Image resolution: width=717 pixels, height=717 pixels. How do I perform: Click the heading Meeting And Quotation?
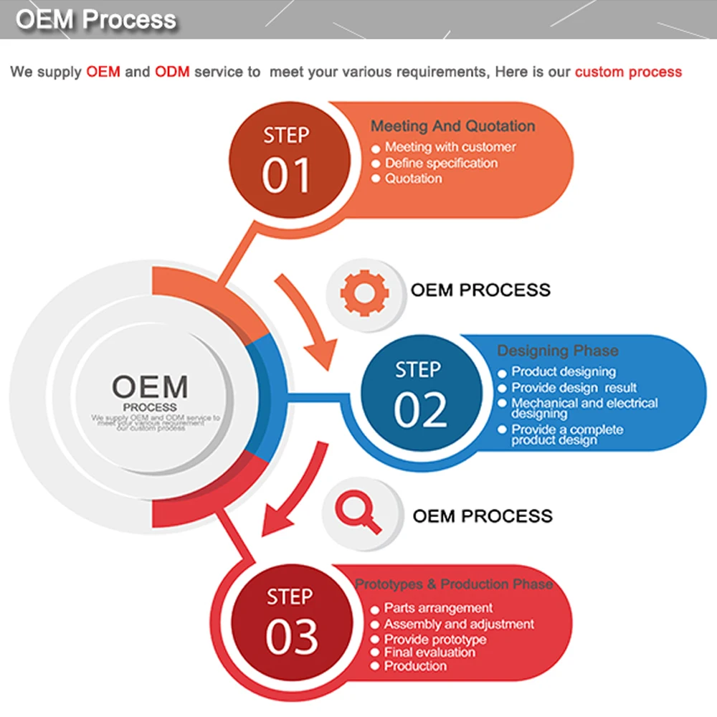(452, 126)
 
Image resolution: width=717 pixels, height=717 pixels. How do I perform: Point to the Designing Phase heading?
(557, 351)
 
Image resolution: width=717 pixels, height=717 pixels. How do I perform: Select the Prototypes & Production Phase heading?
(454, 584)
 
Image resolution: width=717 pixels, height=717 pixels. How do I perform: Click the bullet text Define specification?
(441, 163)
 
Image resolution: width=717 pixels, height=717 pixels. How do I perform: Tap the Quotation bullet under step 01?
(414, 179)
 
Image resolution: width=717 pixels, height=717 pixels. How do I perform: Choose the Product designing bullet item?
(564, 371)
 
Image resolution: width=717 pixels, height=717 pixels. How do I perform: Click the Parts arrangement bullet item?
(438, 608)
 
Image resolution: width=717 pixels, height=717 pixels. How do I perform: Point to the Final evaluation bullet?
(429, 652)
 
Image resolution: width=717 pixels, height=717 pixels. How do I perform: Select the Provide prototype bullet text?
(435, 639)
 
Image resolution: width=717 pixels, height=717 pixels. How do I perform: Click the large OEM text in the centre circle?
(150, 387)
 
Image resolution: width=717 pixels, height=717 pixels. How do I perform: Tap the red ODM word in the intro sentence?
(172, 72)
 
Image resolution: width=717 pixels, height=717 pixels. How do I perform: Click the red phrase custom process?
(628, 72)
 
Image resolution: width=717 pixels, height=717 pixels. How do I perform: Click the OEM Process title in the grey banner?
(96, 19)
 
